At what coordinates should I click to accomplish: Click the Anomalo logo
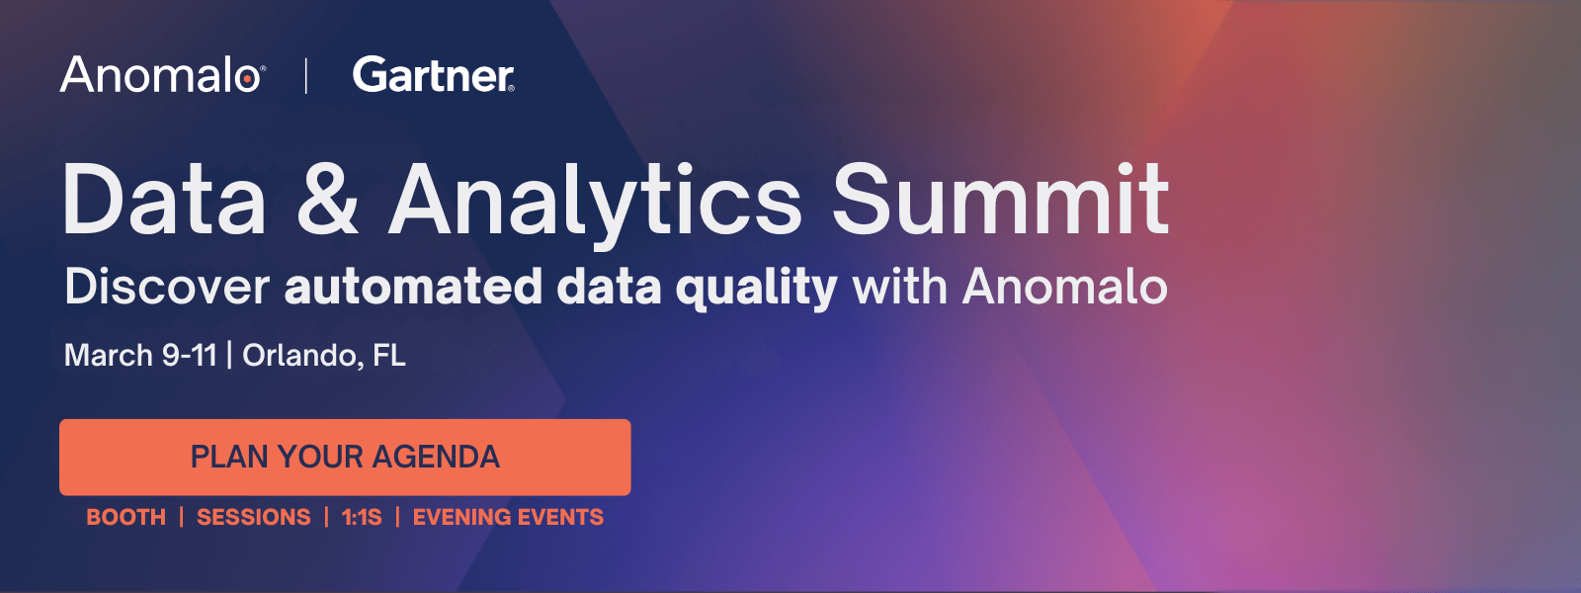coord(161,75)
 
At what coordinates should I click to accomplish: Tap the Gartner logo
coord(433,75)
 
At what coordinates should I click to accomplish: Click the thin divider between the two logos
coord(306,75)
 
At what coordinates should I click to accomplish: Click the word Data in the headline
coord(165,201)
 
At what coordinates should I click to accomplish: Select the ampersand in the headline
coord(327,201)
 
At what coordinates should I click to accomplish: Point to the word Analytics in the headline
coord(595,201)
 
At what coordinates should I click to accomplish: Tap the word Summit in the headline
coord(1000,201)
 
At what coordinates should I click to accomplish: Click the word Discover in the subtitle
coord(166,287)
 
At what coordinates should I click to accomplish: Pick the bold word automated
coord(413,287)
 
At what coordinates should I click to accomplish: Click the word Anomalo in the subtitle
coord(1064,287)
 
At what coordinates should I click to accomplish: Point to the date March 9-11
coord(140,355)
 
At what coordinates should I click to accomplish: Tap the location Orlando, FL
coord(324,355)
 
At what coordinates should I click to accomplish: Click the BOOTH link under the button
coord(125,517)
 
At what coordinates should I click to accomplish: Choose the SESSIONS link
coord(254,517)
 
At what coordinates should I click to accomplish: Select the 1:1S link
coord(362,517)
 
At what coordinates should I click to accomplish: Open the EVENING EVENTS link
coord(508,517)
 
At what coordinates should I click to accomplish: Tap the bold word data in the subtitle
coord(609,287)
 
